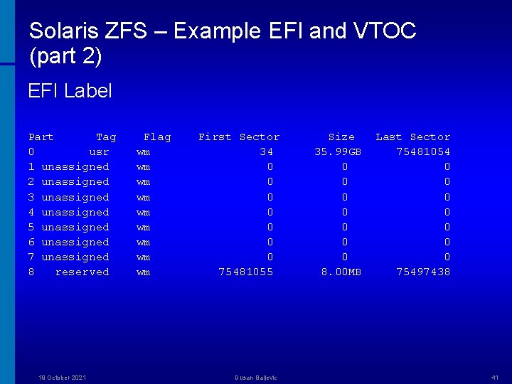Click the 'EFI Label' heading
(70, 91)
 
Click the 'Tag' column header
(106, 137)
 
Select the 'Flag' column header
(157, 137)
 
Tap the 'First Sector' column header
(239, 137)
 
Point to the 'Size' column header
(341, 137)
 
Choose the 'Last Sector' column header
(413, 137)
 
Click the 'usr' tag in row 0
(99, 151)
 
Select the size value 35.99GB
(338, 151)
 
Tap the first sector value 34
(267, 151)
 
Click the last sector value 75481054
(423, 151)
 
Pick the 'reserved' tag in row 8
(82, 272)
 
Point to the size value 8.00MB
(341, 272)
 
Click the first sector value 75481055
(246, 272)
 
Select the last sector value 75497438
(423, 272)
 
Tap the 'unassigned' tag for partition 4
(75, 212)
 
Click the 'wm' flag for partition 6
(144, 242)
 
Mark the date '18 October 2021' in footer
(63, 378)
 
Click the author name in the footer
(256, 378)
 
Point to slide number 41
(495, 378)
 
